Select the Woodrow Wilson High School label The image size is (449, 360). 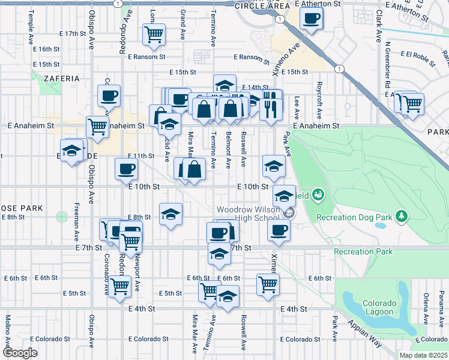click(248, 213)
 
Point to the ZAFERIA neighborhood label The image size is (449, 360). click(61, 79)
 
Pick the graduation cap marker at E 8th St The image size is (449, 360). click(170, 214)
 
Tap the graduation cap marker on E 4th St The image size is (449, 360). click(228, 296)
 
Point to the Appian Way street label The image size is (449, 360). click(366, 334)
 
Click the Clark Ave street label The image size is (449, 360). click(379, 26)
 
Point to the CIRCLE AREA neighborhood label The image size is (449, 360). click(259, 5)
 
